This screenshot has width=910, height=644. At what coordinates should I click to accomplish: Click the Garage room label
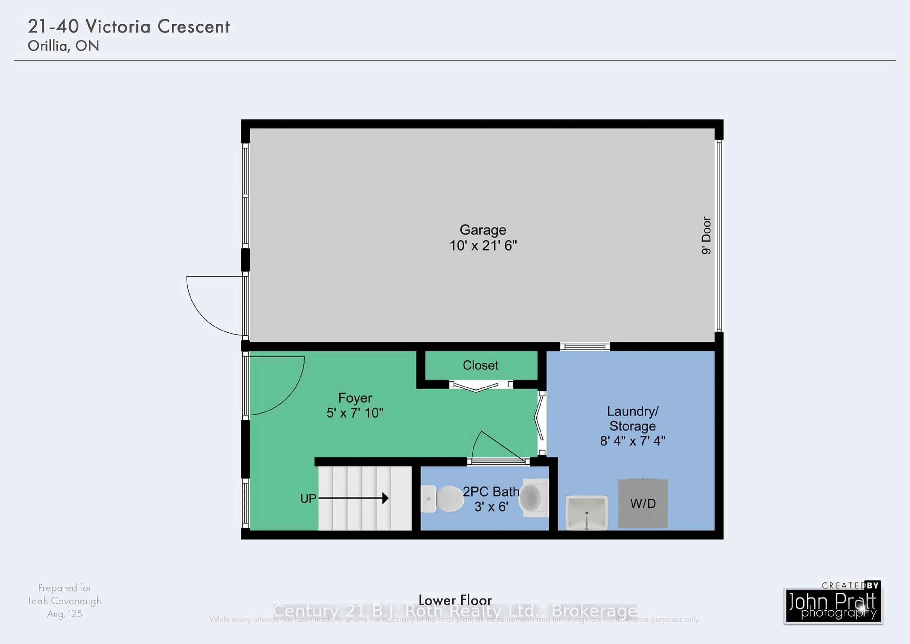coord(483,230)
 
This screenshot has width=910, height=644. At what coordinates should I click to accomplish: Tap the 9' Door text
coord(706,235)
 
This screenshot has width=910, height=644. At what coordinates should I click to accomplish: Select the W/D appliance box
coord(643,504)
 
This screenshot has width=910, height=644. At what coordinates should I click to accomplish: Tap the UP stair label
coord(308,498)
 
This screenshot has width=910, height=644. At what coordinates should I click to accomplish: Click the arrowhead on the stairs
coord(385,498)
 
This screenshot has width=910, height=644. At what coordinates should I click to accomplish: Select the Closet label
coord(480,365)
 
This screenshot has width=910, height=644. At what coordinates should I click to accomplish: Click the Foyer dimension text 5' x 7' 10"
coord(355,413)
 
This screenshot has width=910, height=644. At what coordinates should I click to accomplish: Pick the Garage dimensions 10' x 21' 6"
coord(483,246)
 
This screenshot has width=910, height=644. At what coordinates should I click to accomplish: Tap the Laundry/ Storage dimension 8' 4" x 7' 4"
coord(632,441)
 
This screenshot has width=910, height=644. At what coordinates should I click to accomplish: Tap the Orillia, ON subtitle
coord(64,46)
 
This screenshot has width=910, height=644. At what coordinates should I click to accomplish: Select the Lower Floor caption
coord(455,600)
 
